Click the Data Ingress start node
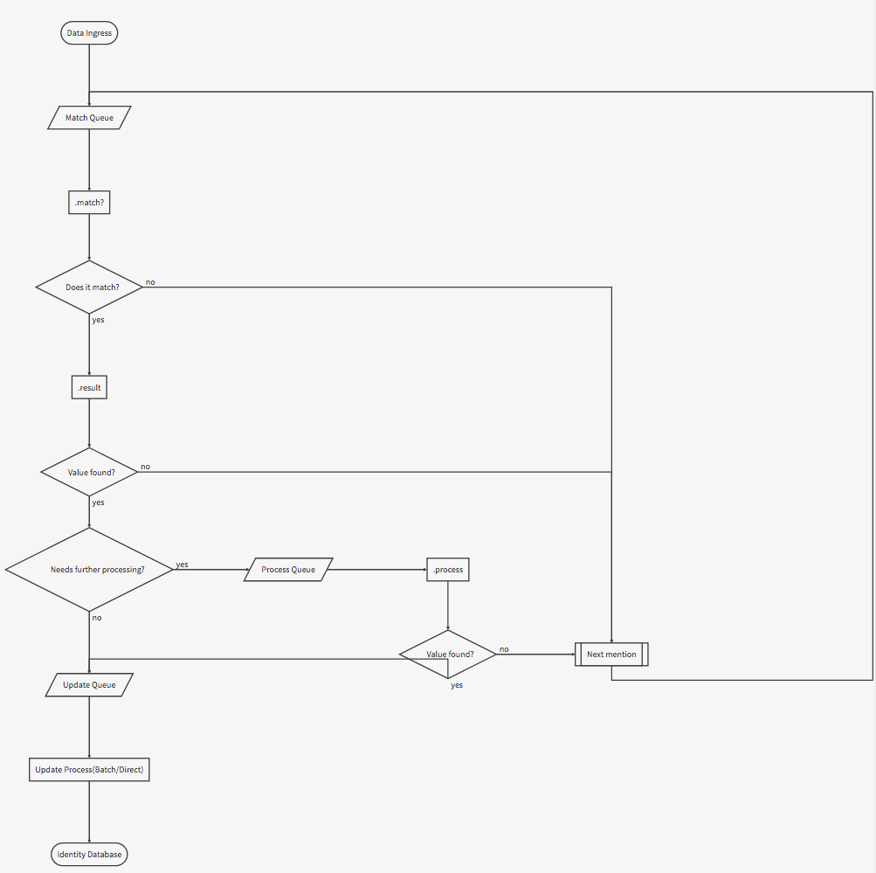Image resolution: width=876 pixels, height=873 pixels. [89, 33]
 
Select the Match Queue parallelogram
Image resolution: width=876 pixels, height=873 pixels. [89, 117]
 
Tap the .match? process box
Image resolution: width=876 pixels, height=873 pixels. [89, 203]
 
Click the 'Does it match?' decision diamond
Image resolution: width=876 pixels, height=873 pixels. [89, 288]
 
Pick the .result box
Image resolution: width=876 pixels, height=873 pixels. [89, 387]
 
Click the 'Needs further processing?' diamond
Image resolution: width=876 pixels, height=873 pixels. [89, 570]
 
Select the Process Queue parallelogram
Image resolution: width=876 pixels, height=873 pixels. [288, 570]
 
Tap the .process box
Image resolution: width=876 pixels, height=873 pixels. [448, 570]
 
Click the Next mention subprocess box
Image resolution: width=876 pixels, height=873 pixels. [611, 655]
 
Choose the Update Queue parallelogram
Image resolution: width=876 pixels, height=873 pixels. [89, 684]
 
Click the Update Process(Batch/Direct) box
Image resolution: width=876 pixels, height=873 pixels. [89, 770]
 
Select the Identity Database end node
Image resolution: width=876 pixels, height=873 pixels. [89, 854]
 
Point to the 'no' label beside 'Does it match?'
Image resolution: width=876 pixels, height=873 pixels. [150, 282]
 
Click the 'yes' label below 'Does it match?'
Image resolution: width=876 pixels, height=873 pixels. [99, 320]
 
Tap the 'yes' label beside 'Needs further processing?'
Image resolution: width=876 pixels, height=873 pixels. [183, 565]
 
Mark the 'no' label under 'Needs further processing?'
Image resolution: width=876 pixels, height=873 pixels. [97, 618]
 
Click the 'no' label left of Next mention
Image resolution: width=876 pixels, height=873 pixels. [504, 649]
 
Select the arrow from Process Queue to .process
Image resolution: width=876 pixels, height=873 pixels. [377, 570]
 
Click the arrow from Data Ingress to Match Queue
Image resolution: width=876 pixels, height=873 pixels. [89, 75]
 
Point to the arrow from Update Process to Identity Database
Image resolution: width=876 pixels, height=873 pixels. [89, 812]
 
